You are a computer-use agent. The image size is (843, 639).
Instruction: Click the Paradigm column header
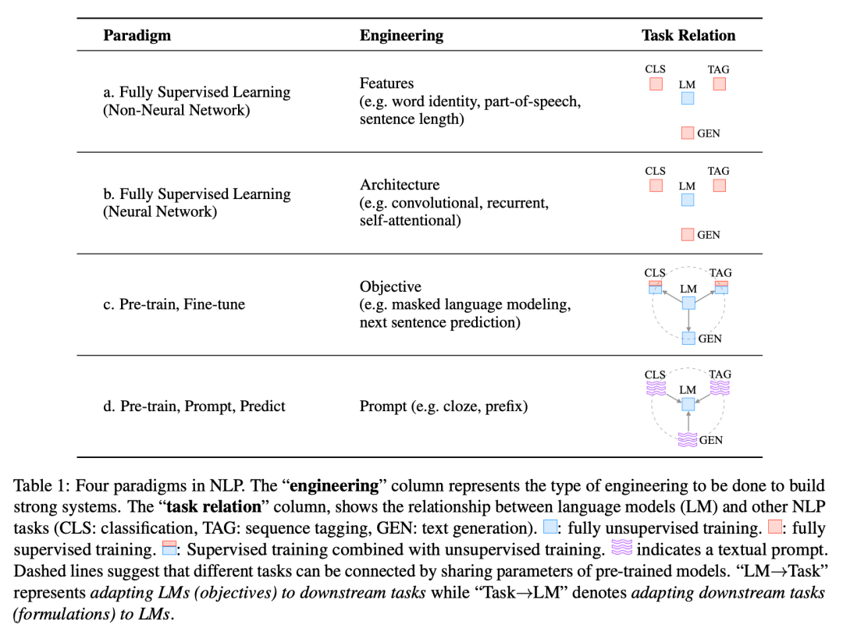137,35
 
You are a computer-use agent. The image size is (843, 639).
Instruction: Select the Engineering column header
401,35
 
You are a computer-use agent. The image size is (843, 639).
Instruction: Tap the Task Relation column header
688,35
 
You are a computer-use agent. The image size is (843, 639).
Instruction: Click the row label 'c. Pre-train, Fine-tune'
174,304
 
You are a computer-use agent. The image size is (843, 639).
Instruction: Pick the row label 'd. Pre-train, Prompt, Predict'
194,406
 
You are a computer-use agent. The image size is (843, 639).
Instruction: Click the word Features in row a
386,83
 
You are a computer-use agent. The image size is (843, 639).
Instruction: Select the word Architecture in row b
399,185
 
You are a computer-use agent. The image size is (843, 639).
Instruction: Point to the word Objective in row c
390,286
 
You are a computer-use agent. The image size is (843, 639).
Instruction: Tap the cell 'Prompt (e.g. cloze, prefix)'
443,406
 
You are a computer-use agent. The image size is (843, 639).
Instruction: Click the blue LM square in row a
688,98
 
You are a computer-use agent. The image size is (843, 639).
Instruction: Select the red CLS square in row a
656,83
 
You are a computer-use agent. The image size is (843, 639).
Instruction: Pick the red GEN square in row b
688,234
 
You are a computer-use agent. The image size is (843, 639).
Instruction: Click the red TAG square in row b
720,186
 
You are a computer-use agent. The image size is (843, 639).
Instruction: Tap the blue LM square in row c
688,304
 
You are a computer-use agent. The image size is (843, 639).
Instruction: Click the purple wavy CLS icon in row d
655,388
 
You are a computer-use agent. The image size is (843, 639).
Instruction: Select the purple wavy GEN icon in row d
688,440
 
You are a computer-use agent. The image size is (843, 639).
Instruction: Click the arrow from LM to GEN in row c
688,321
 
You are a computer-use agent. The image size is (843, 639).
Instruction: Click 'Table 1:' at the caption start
38,485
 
